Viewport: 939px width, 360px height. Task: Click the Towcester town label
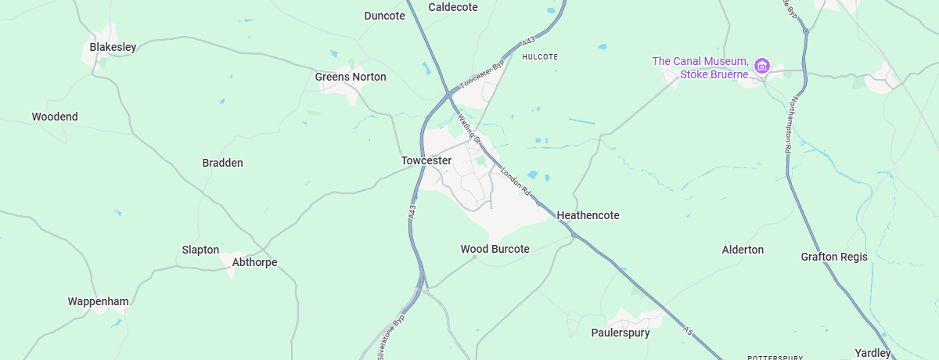point(426,160)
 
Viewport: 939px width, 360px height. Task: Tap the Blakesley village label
point(113,47)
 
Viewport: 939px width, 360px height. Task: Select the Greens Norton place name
point(351,77)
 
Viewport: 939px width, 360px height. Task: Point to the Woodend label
point(55,117)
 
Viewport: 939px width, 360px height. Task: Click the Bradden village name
point(223,163)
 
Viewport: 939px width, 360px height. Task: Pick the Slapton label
point(200,250)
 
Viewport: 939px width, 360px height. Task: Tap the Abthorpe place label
point(254,262)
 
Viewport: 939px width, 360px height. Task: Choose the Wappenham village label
point(98,301)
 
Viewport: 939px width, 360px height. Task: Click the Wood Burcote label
point(495,249)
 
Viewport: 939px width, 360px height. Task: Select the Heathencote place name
point(588,214)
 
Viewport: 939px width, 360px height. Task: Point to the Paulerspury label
point(621,333)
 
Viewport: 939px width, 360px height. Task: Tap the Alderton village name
point(743,250)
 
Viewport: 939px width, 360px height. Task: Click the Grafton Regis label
point(834,257)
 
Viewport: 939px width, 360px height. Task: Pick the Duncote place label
point(385,16)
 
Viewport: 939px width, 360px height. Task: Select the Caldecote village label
point(453,7)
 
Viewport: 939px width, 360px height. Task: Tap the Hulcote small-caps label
point(540,57)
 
